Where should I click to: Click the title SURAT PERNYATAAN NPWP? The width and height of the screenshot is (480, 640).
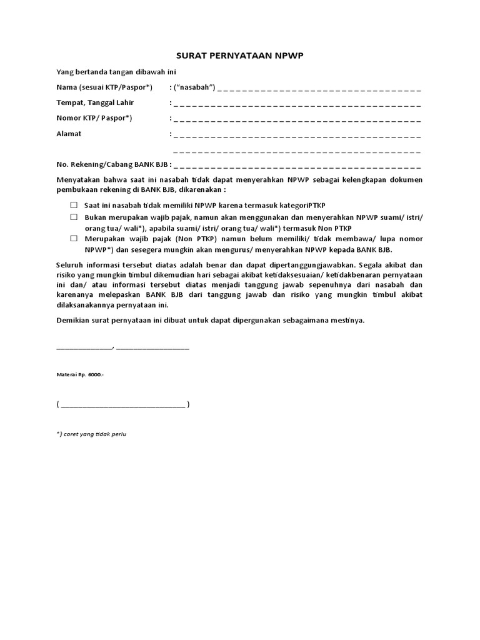pyautogui.click(x=239, y=55)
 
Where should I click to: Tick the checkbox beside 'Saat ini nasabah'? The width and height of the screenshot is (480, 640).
pyautogui.click(x=73, y=205)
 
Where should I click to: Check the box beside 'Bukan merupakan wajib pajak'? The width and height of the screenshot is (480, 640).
pyautogui.click(x=73, y=217)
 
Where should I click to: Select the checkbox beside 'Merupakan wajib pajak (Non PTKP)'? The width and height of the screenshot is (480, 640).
pyautogui.click(x=73, y=239)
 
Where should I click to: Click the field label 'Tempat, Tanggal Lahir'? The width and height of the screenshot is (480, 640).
pyautogui.click(x=95, y=102)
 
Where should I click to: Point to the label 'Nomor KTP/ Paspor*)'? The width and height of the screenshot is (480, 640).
pyautogui.click(x=94, y=118)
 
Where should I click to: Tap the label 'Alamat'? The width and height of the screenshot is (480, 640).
pyautogui.click(x=69, y=134)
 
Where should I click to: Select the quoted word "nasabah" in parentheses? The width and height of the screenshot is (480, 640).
pyautogui.click(x=196, y=87)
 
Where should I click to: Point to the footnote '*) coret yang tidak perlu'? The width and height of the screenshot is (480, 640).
pyautogui.click(x=91, y=434)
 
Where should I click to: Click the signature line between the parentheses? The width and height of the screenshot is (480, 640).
pyautogui.click(x=123, y=405)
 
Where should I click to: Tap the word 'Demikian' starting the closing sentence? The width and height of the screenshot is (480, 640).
pyautogui.click(x=72, y=320)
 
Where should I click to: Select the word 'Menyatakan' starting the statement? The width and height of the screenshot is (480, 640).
pyautogui.click(x=77, y=180)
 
